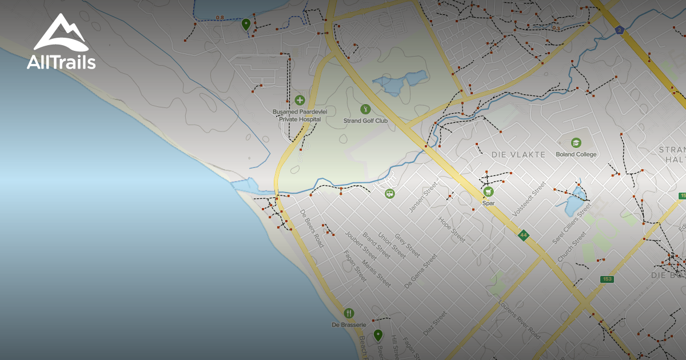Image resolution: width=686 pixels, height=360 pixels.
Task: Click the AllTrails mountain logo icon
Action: [61, 33]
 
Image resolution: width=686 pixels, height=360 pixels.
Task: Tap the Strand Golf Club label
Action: [365, 121]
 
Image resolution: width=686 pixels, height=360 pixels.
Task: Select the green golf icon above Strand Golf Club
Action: [365, 109]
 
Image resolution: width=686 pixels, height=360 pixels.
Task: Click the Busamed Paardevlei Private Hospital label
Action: [300, 116]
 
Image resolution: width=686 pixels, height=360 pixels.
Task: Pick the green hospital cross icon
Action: [300, 100]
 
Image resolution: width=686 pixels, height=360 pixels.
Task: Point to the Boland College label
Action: [576, 154]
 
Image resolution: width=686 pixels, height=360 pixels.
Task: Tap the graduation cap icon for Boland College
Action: [576, 142]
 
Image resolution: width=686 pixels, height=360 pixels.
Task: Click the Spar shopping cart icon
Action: [488, 191]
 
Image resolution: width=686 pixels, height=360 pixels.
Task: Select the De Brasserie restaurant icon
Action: [349, 313]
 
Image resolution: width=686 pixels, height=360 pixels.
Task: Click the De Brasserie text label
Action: [349, 325]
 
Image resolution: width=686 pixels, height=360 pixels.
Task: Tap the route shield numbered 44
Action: [523, 235]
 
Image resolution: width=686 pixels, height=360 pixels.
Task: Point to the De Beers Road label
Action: [312, 229]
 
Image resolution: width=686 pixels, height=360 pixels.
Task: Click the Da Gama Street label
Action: [420, 270]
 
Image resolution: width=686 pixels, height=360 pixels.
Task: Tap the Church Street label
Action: [572, 247]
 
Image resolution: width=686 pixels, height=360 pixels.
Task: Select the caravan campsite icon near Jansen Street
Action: [390, 194]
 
